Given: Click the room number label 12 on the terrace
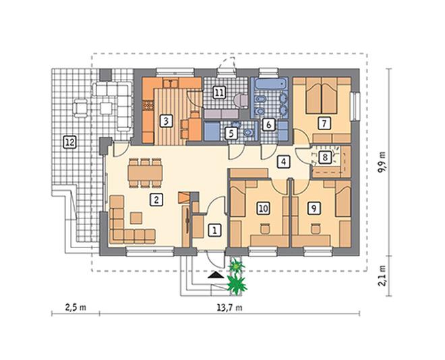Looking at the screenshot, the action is tap(70, 142).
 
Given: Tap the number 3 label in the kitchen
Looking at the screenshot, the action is tap(166, 121).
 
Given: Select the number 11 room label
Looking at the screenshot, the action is tap(219, 92).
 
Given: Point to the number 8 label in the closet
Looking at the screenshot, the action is tap(325, 157).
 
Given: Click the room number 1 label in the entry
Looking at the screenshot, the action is tap(215, 230).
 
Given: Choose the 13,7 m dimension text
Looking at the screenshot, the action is tap(230, 307).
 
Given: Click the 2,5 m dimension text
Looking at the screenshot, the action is tap(76, 307).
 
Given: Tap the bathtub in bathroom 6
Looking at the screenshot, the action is tap(272, 84).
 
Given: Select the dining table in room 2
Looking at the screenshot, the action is tap(145, 173).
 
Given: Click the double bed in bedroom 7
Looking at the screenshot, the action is tap(322, 96).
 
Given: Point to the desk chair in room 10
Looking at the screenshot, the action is tap(265, 229).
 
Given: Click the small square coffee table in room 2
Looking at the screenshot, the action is tap(136, 218).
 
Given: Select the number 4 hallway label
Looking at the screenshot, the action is tap(283, 162).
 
